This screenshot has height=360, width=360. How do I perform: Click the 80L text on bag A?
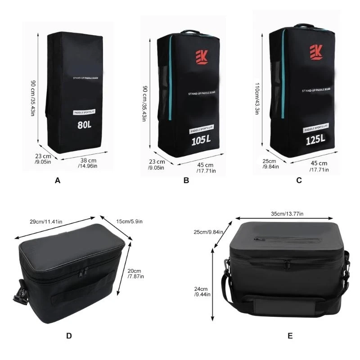[x=84, y=125]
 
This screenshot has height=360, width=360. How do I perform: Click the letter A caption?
[x=57, y=181]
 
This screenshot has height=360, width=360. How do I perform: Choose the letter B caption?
[x=186, y=181]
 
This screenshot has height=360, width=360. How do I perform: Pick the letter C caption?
[x=299, y=181]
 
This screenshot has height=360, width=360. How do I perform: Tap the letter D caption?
[x=68, y=335]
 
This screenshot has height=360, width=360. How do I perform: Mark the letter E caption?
[x=290, y=335]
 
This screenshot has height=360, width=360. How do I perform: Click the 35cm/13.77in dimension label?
[x=287, y=214]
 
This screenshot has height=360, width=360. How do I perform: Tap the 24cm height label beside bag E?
[x=200, y=292]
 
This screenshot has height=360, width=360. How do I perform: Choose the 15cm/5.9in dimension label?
[x=128, y=221]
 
